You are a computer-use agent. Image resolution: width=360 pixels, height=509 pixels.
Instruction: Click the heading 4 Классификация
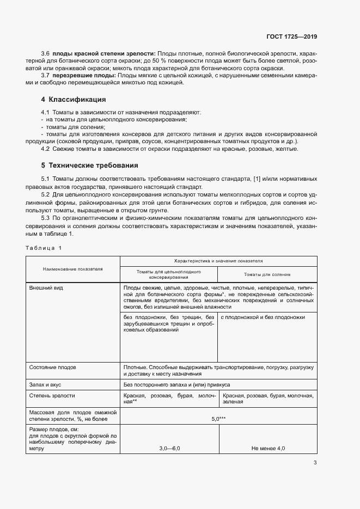point(74,100)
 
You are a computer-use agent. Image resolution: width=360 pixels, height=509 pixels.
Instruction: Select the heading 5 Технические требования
point(89,165)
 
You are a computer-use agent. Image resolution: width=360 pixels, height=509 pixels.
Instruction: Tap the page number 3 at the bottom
point(315,463)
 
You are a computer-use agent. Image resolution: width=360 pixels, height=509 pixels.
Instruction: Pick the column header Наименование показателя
point(72,268)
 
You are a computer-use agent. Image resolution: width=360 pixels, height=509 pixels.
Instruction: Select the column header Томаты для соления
point(267,275)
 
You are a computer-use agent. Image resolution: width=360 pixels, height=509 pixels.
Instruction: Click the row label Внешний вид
point(45,287)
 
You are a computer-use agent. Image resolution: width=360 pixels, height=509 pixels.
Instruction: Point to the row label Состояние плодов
point(53,367)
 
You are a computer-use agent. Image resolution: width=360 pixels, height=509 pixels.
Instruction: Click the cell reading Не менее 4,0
point(267,448)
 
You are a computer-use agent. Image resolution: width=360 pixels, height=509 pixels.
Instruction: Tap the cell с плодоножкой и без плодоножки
point(263,317)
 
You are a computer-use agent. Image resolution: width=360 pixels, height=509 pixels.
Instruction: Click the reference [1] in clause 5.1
point(258,179)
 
